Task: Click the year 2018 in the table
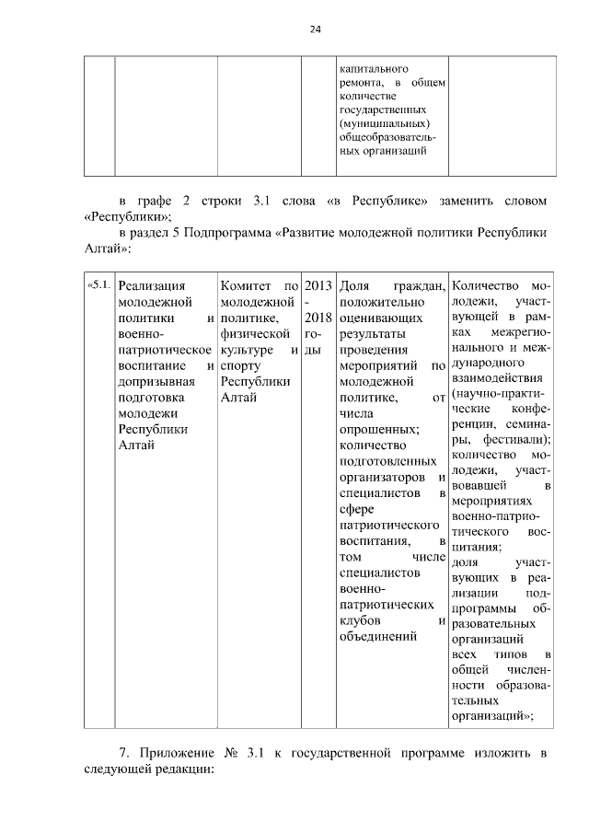tap(318, 318)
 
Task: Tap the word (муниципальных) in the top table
tap(386, 123)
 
